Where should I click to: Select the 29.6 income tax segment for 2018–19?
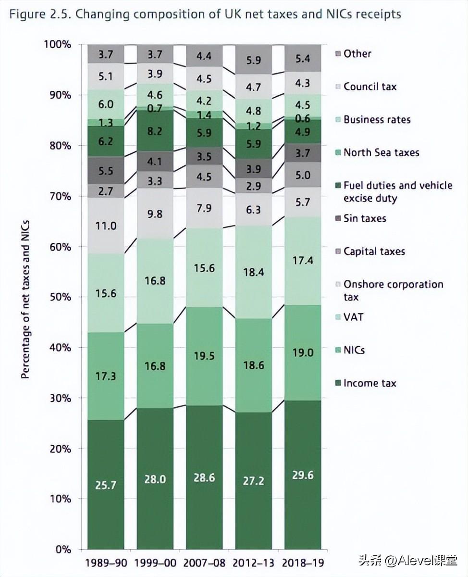click(303, 475)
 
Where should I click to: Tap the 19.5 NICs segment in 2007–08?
click(204, 356)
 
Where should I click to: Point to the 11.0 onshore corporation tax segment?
click(106, 226)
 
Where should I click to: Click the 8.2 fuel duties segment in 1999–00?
click(155, 131)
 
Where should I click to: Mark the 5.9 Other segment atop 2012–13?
click(253, 60)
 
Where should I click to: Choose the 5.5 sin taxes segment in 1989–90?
click(106, 170)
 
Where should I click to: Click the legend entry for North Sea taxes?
click(381, 152)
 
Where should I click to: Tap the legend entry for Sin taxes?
click(364, 218)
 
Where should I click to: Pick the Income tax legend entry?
click(369, 383)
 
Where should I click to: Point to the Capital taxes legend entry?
click(374, 251)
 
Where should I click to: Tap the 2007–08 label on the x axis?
click(204, 563)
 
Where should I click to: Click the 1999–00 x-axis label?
click(155, 563)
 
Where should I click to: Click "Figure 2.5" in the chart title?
click(37, 14)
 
